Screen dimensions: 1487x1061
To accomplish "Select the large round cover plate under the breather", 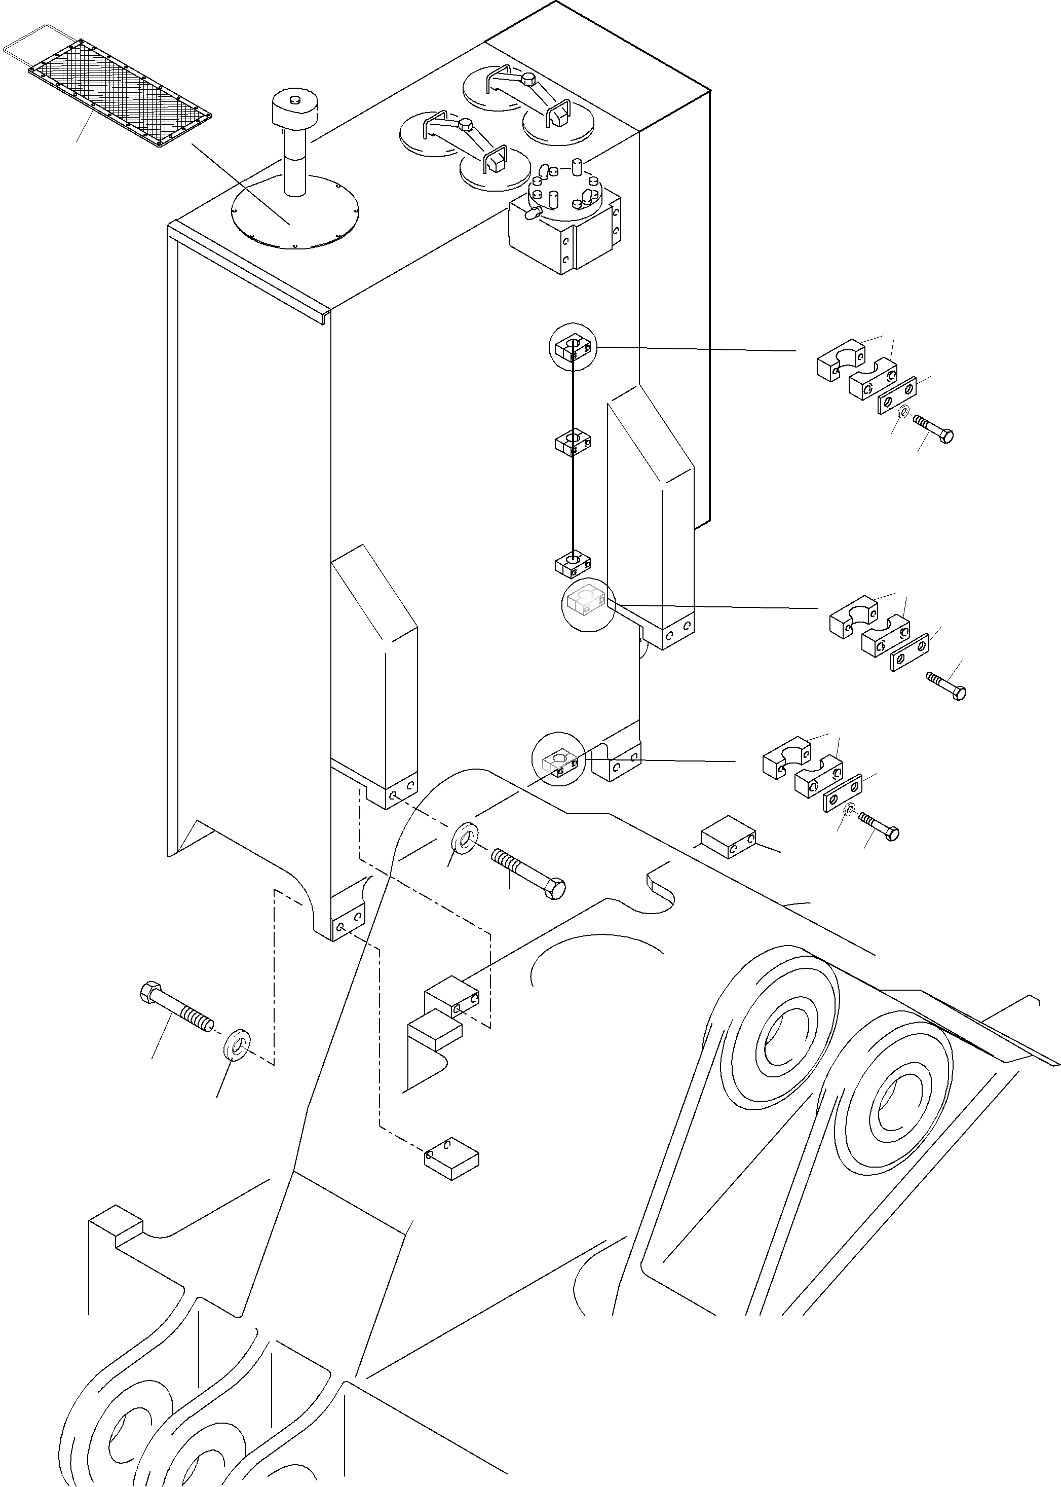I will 294,210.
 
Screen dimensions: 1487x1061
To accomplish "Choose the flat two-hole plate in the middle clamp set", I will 910,651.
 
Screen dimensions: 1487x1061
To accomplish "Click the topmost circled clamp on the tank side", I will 573,348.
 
